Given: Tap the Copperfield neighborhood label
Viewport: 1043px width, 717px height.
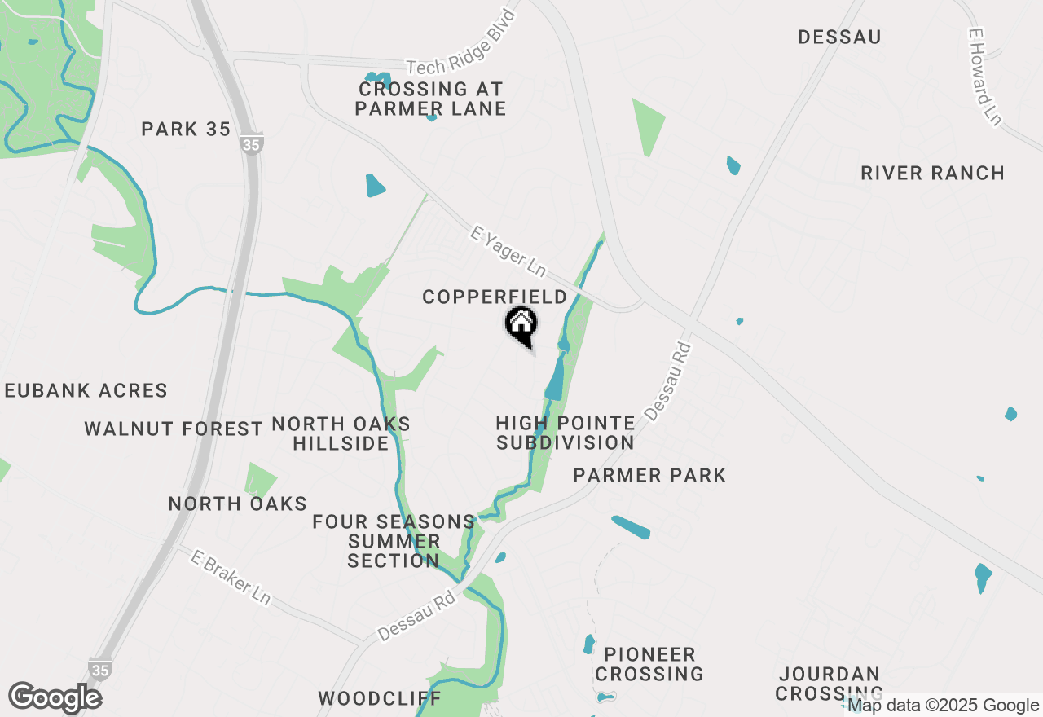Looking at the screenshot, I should click(x=495, y=297).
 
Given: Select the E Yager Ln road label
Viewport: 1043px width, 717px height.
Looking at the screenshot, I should click(x=508, y=253).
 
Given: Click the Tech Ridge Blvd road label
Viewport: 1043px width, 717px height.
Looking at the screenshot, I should click(x=461, y=42).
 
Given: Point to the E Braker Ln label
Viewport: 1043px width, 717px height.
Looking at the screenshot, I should click(x=231, y=577).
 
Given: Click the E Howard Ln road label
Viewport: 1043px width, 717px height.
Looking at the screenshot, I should click(x=984, y=77).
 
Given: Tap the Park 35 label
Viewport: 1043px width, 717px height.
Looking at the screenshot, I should click(x=186, y=130).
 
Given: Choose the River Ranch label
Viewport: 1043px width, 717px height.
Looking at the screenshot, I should click(x=932, y=174).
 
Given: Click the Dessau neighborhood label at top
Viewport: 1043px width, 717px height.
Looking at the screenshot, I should click(x=839, y=37).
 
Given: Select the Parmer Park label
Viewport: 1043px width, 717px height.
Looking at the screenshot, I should click(x=649, y=476).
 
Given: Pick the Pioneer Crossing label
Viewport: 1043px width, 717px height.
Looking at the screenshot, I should click(x=649, y=664).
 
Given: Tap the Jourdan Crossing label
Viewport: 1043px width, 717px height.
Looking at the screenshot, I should click(x=829, y=684).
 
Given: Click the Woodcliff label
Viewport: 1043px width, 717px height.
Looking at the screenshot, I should click(x=380, y=699).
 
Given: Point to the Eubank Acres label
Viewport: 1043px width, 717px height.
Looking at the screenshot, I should click(x=86, y=391).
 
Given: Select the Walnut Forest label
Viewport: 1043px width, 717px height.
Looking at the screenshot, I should click(x=174, y=429).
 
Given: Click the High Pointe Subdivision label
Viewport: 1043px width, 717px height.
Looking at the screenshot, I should click(x=566, y=433).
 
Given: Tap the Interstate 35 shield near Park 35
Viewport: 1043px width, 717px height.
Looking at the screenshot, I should click(x=252, y=144).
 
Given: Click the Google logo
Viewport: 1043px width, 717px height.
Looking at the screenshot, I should click(x=55, y=698).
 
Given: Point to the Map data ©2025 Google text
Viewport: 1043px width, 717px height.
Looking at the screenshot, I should click(x=943, y=706).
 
